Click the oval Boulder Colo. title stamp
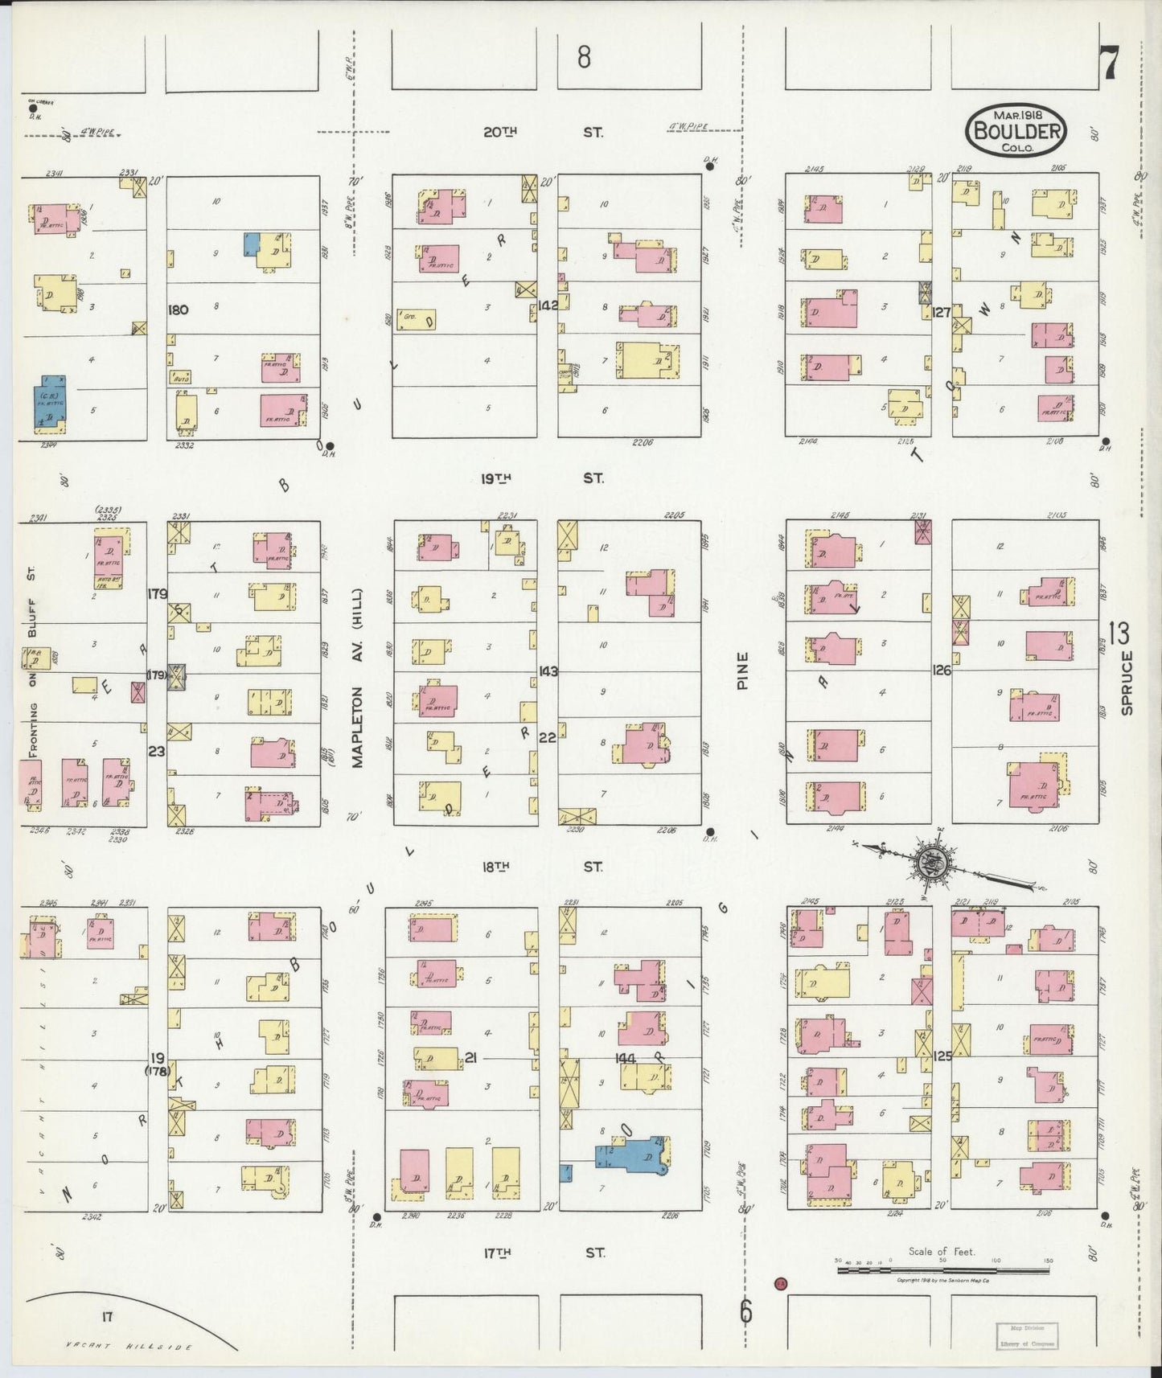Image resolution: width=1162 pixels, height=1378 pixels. pos(1017,129)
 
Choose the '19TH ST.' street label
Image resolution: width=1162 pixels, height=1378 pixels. pos(543,479)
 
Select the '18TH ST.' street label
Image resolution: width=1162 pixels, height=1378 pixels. pos(543,867)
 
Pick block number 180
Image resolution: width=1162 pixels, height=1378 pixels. pos(179,310)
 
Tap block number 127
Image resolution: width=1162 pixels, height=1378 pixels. pos(942,312)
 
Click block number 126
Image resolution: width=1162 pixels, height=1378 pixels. pos(942,670)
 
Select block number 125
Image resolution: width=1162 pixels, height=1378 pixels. pos(942,1056)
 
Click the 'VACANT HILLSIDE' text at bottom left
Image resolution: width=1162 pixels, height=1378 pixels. pos(129,1345)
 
